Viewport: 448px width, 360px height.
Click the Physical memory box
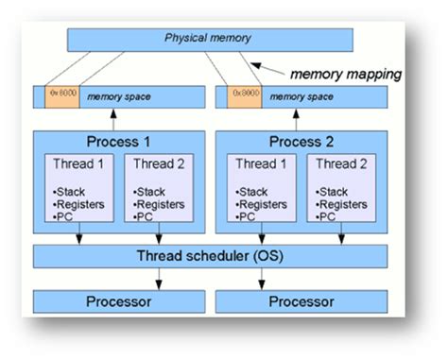point(210,39)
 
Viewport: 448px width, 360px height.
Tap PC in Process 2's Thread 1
point(248,217)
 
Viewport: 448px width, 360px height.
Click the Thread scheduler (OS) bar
point(210,257)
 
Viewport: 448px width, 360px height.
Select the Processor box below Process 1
point(116,301)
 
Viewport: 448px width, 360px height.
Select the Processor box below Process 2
point(301,301)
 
